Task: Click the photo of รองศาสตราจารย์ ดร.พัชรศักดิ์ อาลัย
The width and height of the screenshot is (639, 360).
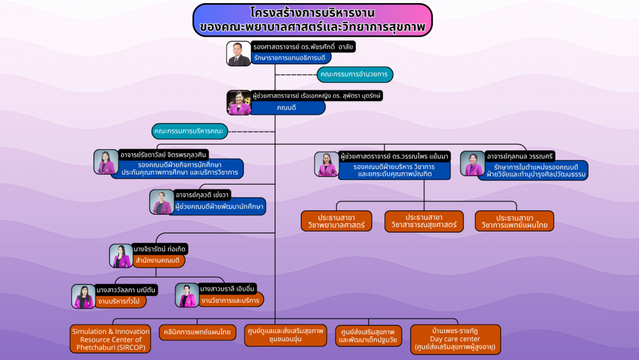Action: click(x=238, y=54)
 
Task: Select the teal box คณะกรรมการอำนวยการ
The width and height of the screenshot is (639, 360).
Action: click(x=354, y=74)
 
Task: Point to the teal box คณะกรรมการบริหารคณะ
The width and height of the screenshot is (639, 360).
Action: click(x=190, y=131)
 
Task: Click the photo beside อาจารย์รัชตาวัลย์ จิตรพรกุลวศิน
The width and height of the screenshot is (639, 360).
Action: click(x=106, y=162)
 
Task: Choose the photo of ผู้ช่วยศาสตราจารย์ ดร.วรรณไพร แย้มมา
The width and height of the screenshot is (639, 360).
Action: click(x=326, y=164)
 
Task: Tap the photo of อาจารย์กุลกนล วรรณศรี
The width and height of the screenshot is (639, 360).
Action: click(x=472, y=164)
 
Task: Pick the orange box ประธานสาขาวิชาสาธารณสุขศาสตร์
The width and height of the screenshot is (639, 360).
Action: click(x=424, y=221)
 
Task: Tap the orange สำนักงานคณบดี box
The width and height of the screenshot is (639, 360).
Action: click(x=157, y=260)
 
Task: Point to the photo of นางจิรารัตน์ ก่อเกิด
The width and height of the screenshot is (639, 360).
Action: click(x=120, y=256)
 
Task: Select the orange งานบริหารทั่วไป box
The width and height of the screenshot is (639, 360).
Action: click(x=119, y=301)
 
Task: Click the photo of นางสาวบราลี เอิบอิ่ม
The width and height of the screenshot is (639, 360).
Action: click(x=187, y=295)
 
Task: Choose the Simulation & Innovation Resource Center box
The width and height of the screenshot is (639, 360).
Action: click(x=110, y=339)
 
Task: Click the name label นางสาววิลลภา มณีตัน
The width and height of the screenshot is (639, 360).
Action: click(x=126, y=290)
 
